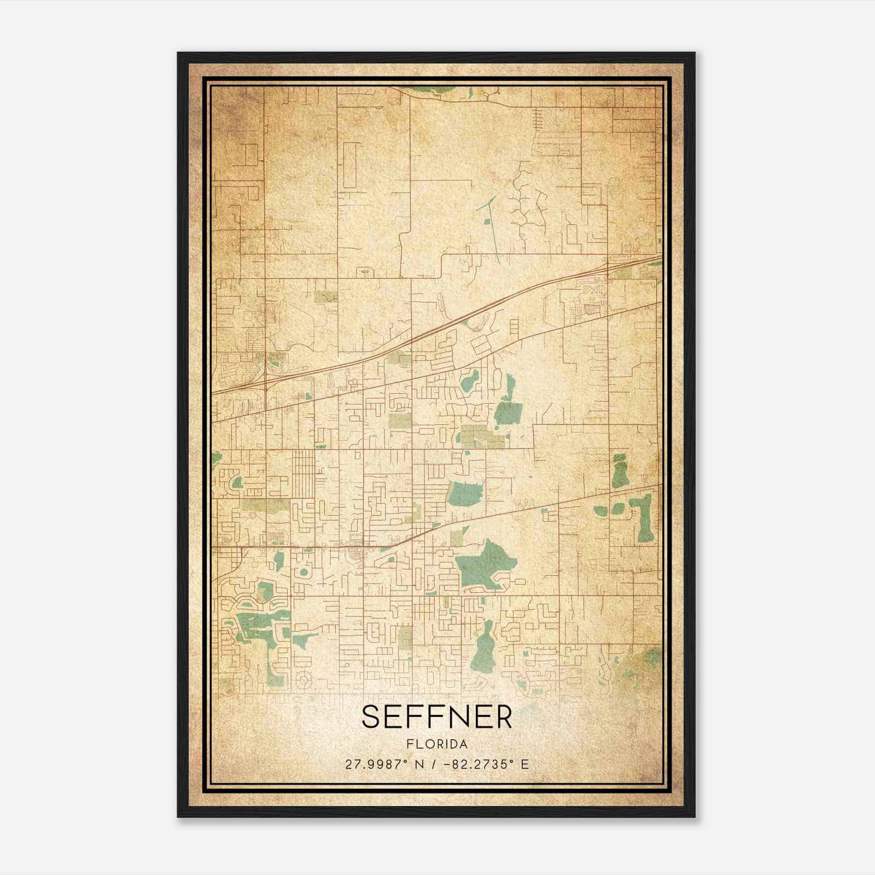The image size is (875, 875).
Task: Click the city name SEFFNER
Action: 436,716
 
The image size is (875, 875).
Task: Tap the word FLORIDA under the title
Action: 436,744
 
